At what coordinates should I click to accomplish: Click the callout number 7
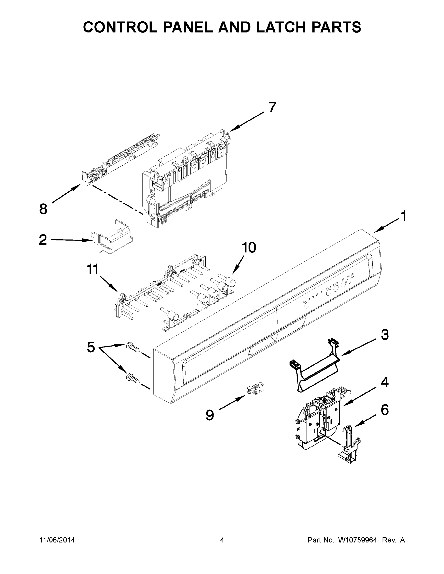[272, 107]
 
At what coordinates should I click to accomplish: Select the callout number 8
[43, 209]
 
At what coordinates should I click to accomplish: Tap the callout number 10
[248, 248]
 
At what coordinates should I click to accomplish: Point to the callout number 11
[93, 270]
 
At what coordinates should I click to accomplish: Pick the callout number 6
[385, 410]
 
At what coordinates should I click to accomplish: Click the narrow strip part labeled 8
[121, 158]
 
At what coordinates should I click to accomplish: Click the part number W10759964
[357, 540]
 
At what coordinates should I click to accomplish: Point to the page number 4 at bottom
[222, 540]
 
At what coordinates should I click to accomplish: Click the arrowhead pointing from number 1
[377, 231]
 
